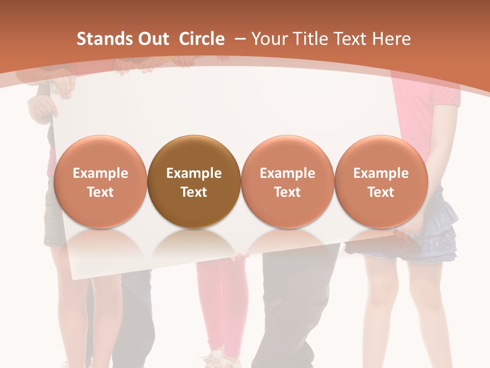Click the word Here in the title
click(x=392, y=39)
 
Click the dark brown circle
click(x=194, y=181)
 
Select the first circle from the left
click(x=100, y=181)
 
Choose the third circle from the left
click(x=287, y=181)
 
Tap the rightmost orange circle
click(x=381, y=181)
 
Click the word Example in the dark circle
click(x=194, y=173)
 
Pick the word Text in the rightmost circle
click(x=381, y=192)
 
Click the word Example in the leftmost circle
click(x=100, y=173)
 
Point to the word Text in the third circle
click(x=287, y=192)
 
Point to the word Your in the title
click(x=268, y=39)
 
